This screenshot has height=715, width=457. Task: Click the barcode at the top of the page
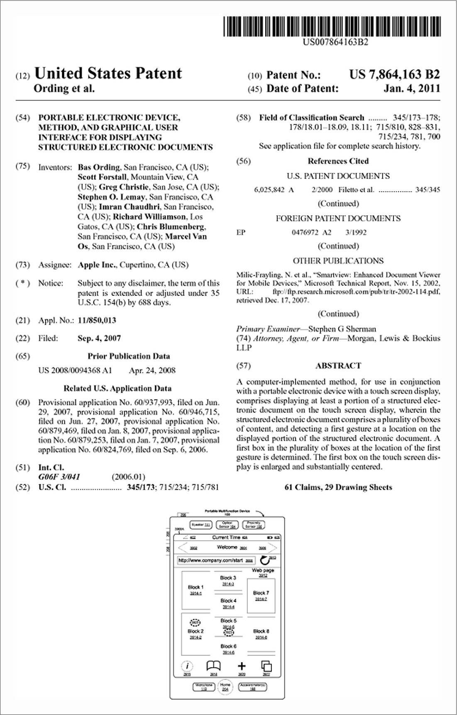click(x=332, y=27)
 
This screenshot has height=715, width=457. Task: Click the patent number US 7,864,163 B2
click(x=394, y=75)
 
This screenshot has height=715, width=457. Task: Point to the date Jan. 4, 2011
click(x=412, y=88)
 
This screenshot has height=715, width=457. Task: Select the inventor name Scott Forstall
click(x=102, y=177)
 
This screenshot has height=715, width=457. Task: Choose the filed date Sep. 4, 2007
click(x=99, y=338)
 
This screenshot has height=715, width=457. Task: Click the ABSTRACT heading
click(x=338, y=365)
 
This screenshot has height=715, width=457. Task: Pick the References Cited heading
click(x=338, y=161)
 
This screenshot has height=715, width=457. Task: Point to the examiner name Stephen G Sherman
click(x=342, y=329)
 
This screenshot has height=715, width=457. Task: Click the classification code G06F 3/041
click(x=59, y=477)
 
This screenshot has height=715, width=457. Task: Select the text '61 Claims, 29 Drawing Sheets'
click(x=338, y=487)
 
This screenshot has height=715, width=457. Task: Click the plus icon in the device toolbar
click(x=241, y=666)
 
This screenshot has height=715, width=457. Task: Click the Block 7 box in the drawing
click(x=261, y=596)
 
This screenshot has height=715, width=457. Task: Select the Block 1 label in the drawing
click(x=196, y=587)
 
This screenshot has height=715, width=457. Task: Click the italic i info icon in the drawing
click(x=188, y=666)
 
